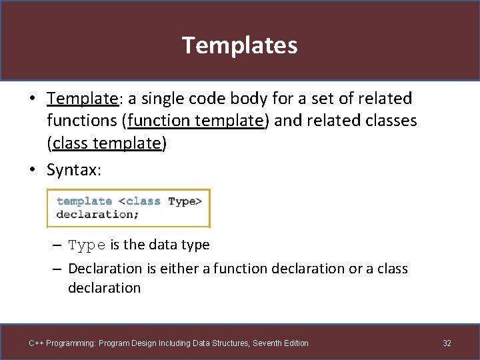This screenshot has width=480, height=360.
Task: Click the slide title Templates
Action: (x=239, y=45)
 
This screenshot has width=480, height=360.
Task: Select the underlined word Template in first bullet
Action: (x=82, y=99)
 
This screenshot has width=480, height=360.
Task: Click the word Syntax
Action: (x=73, y=170)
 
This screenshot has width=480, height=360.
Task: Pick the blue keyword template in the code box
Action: (x=84, y=201)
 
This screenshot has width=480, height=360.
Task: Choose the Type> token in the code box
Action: (x=185, y=201)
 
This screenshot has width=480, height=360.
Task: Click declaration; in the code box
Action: (x=97, y=214)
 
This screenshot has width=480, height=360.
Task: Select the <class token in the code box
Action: (x=139, y=201)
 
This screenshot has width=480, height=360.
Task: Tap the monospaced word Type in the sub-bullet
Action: (x=87, y=245)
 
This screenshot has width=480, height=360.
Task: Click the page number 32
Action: (x=447, y=343)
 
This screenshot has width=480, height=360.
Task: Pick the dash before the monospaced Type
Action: (x=58, y=245)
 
